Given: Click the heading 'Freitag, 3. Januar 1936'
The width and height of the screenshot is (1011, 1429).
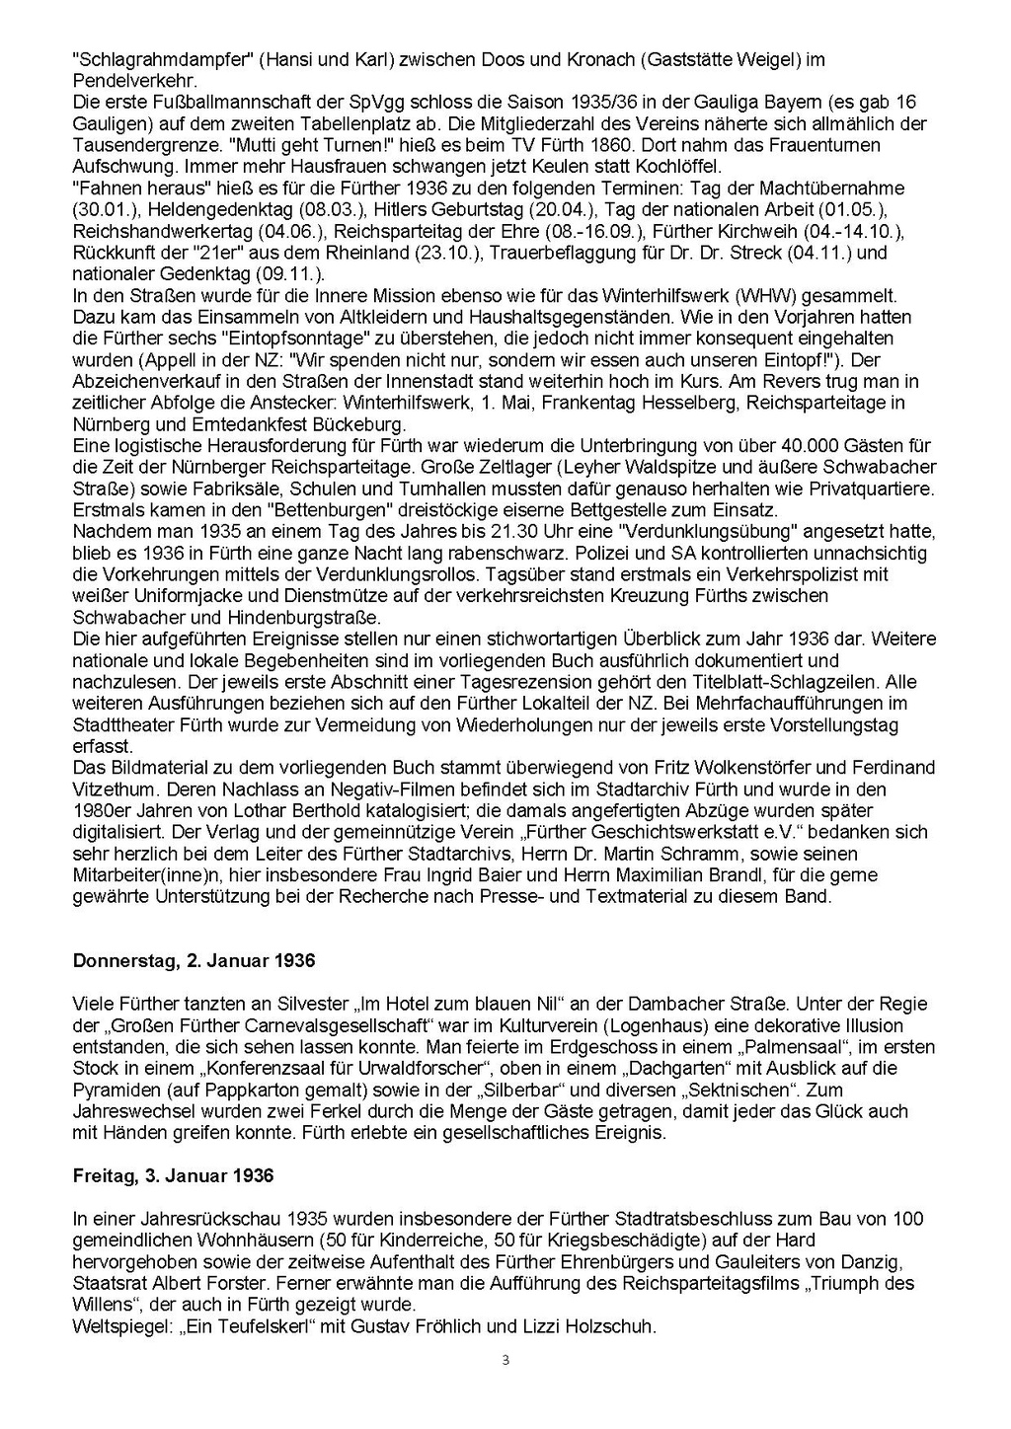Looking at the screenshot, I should pos(173,1176).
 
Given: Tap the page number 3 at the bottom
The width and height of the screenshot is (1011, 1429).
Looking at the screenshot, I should pos(505,1361).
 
